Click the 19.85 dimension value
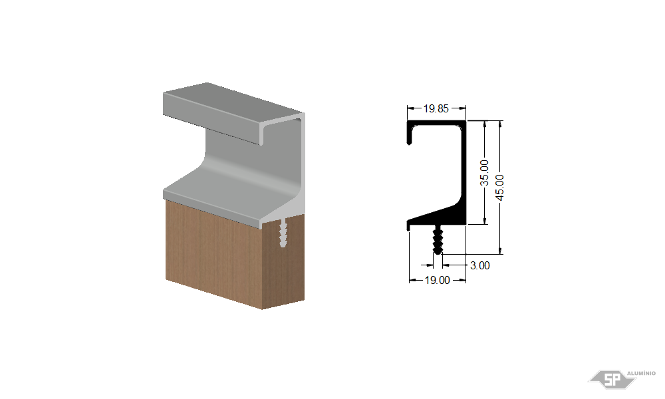[436, 108]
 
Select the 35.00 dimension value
[484, 173]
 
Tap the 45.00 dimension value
[500, 188]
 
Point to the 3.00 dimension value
[480, 265]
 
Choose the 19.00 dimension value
[438, 280]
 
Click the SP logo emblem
[612, 378]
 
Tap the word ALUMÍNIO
[641, 373]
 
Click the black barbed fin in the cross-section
[438, 239]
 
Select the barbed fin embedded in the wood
[283, 233]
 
